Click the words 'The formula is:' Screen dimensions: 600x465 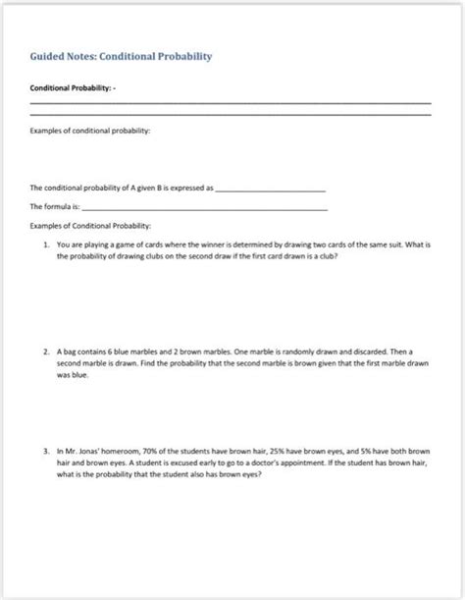pos(54,207)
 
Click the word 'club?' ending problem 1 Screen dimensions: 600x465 pos(327,255)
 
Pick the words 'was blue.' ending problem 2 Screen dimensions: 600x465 pos(76,373)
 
